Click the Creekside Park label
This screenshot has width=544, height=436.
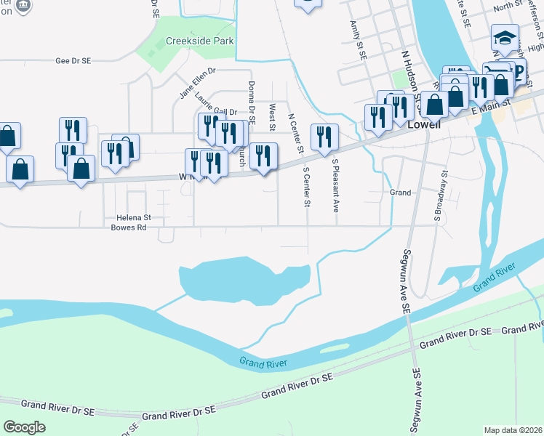click(200, 41)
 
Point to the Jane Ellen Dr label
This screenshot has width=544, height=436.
click(199, 83)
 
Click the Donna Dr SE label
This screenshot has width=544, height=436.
click(252, 102)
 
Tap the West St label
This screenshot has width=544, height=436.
click(272, 117)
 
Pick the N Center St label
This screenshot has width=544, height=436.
click(295, 132)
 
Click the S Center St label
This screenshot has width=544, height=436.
click(306, 186)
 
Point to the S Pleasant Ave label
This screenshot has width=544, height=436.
click(336, 185)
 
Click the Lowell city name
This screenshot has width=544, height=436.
click(425, 124)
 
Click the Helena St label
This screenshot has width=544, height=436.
click(132, 217)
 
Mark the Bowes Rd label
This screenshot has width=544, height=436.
click(129, 227)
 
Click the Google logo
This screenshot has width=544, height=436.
click(25, 427)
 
